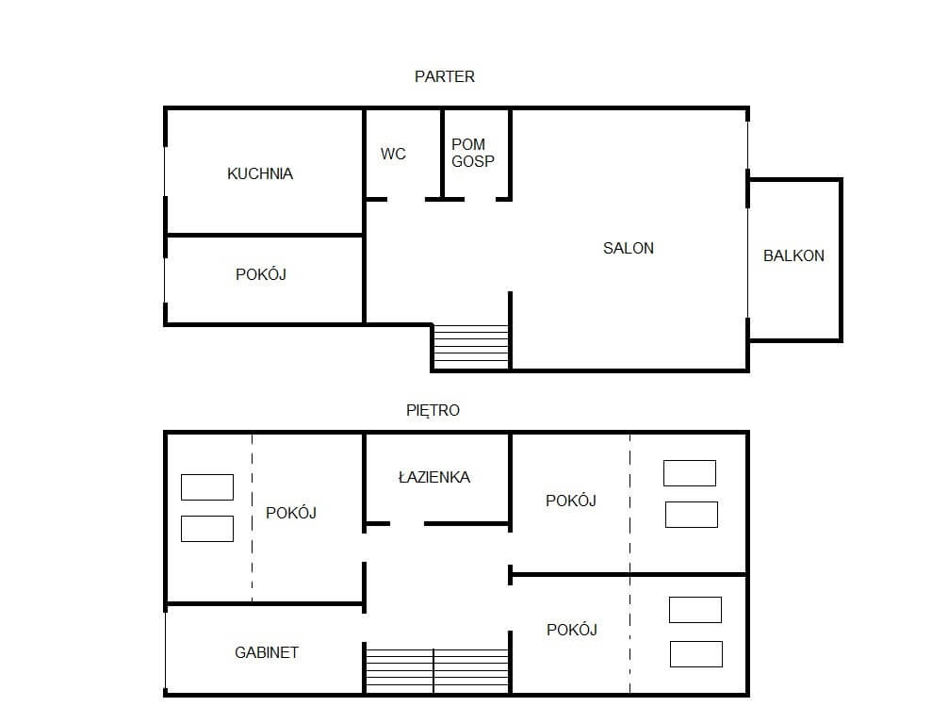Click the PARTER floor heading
pyautogui.click(x=445, y=77)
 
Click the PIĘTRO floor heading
pyautogui.click(x=433, y=411)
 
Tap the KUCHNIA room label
pyautogui.click(x=260, y=173)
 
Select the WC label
pyautogui.click(x=393, y=154)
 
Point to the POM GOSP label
pyautogui.click(x=473, y=153)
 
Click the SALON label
pyautogui.click(x=629, y=248)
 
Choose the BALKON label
pyautogui.click(x=793, y=255)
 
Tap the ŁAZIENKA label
pyautogui.click(x=434, y=477)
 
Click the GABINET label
pyautogui.click(x=267, y=652)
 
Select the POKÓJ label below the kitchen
pyautogui.click(x=261, y=274)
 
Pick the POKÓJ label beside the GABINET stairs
pyautogui.click(x=572, y=630)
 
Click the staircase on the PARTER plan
pyautogui.click(x=471, y=347)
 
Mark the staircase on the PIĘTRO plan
pyautogui.click(x=437, y=671)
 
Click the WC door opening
pyautogui.click(x=406, y=199)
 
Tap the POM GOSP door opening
pyautogui.click(x=480, y=199)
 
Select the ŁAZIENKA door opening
pyautogui.click(x=407, y=523)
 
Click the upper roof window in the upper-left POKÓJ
pyautogui.click(x=207, y=487)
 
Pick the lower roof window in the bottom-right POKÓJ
pyautogui.click(x=695, y=654)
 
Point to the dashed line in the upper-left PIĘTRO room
pyautogui.click(x=253, y=518)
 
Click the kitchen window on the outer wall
pyautogui.click(x=165, y=172)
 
